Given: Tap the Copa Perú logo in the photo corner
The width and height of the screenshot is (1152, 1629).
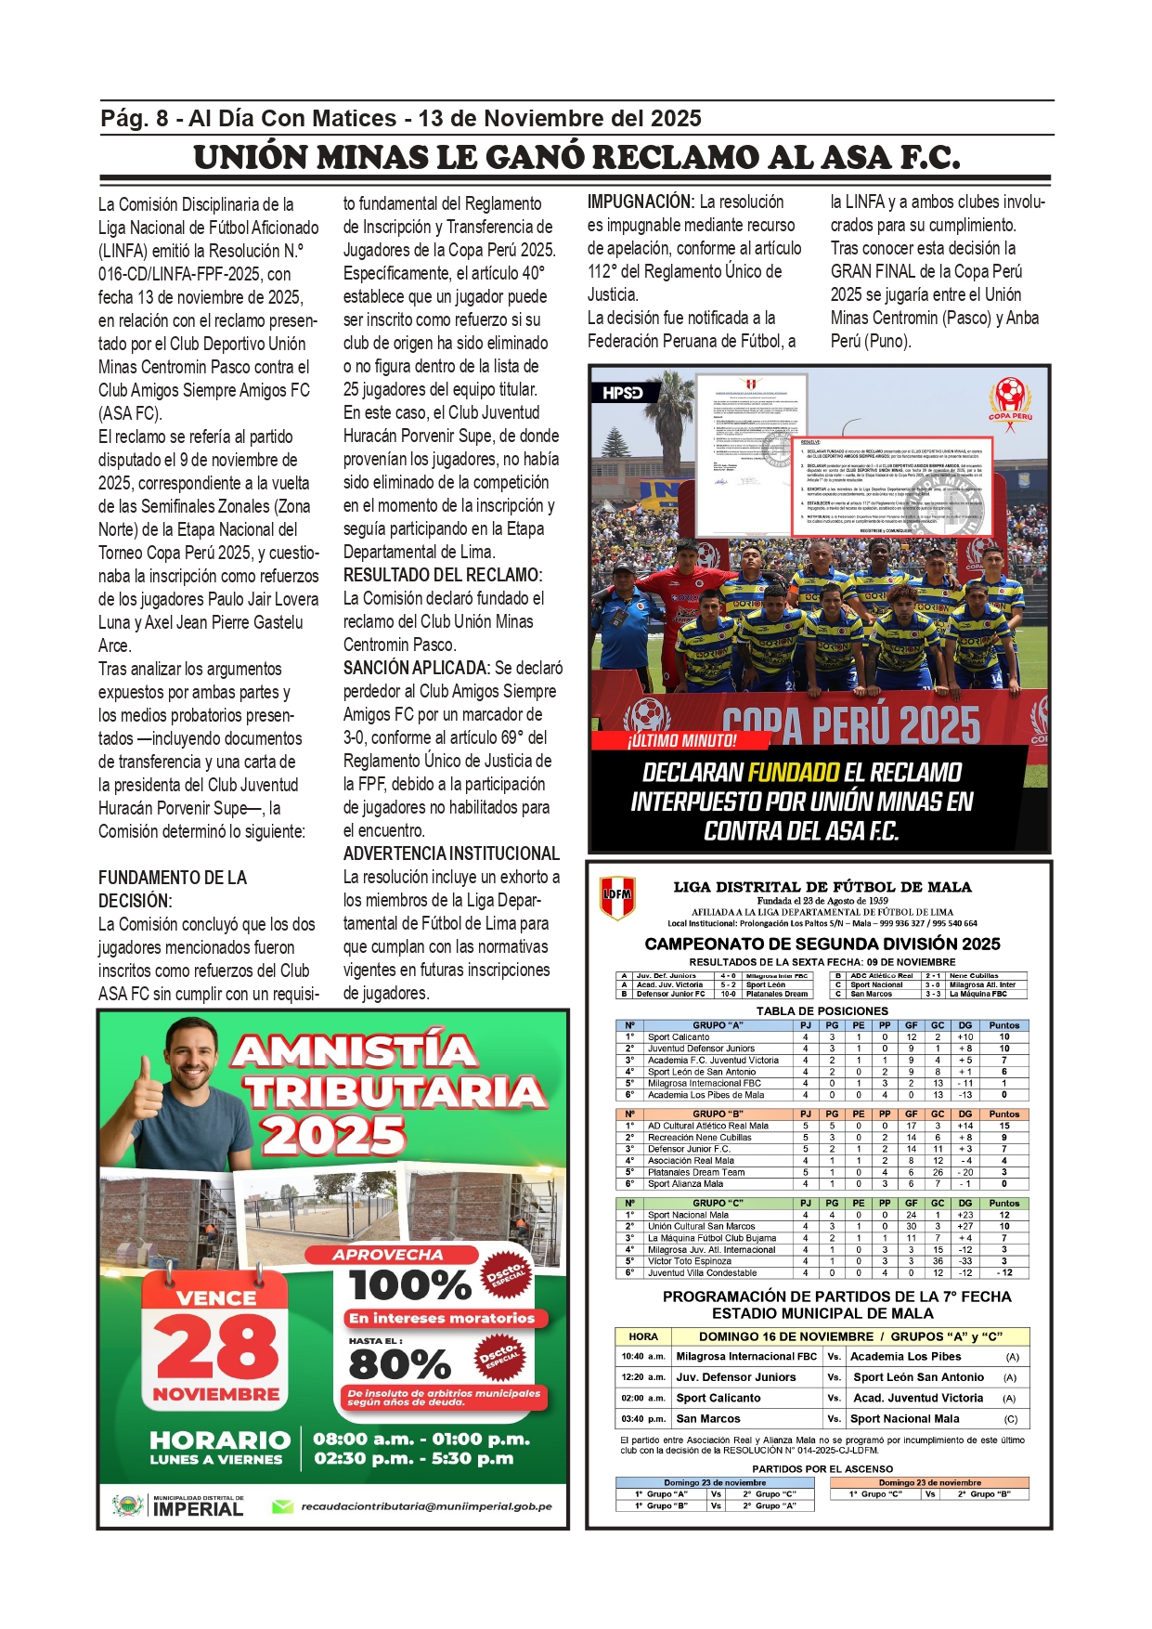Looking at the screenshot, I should [1010, 400].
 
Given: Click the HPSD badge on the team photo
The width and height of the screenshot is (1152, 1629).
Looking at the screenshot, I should [622, 393].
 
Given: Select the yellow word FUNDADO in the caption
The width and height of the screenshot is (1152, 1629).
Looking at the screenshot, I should [794, 773].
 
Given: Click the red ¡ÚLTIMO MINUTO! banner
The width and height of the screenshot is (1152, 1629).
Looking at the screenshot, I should [681, 740].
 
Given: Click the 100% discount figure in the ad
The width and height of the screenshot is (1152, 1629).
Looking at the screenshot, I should [410, 1285].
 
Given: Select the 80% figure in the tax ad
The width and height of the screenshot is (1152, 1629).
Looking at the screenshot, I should [399, 1364].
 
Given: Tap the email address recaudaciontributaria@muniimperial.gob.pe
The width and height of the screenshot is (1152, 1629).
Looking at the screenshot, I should [426, 1506].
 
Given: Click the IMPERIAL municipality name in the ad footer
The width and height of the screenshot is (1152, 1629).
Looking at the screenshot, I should [198, 1509].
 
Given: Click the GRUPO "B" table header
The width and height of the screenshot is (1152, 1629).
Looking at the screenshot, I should [718, 1114].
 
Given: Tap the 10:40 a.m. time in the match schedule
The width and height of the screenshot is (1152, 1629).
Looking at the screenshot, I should [643, 1356].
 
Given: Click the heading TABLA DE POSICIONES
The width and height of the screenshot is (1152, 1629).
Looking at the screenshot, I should [822, 1010].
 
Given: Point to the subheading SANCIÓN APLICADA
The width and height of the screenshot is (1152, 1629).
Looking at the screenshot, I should [416, 668].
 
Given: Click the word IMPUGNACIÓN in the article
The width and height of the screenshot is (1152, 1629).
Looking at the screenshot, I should [641, 202].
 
